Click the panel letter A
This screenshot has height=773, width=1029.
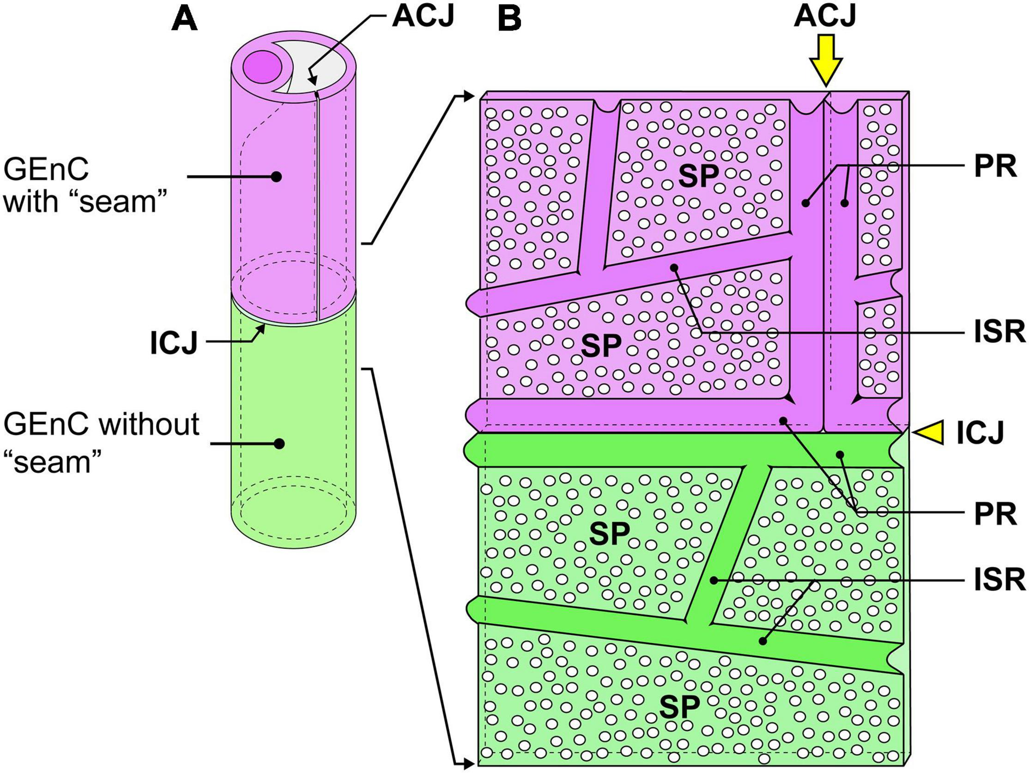185,20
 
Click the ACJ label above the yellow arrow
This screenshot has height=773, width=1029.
825,17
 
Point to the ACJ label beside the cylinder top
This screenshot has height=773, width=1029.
423,17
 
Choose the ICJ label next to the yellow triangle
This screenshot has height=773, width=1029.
980,433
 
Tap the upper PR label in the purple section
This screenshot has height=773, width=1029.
995,166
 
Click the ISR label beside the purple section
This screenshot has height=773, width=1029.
999,332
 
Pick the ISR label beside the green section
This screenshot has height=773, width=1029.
999,580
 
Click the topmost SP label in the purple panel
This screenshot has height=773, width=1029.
698,176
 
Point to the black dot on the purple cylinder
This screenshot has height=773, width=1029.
276,177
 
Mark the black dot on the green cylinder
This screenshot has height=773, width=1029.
279,444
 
